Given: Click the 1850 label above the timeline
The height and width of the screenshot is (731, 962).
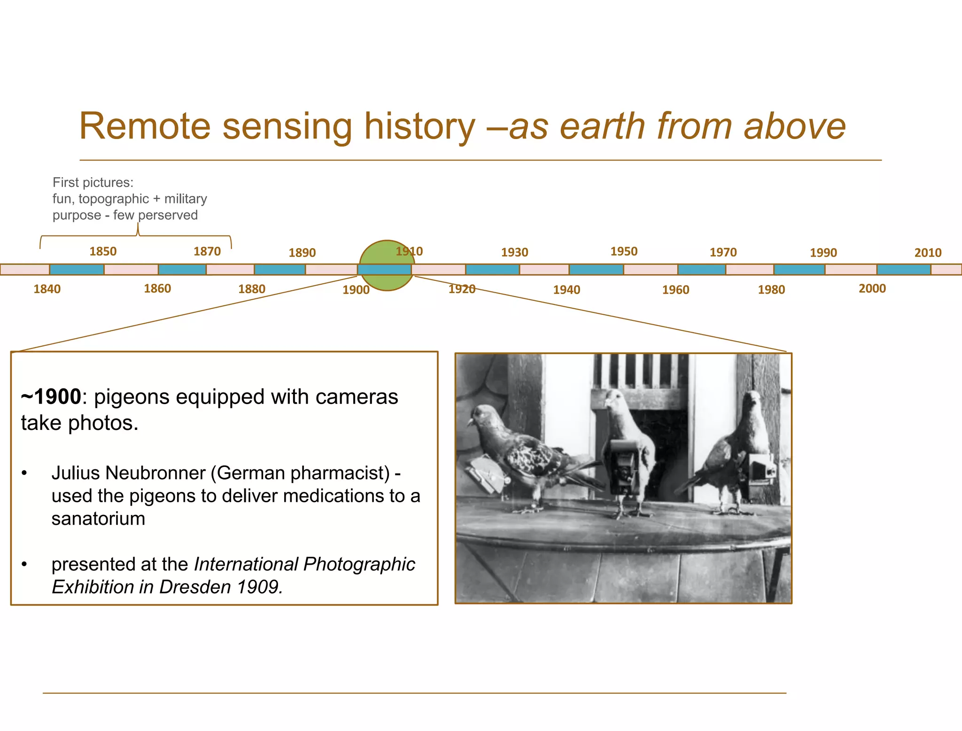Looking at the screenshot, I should point(103,251).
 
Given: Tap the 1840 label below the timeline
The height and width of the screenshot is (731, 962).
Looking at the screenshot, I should point(47,289).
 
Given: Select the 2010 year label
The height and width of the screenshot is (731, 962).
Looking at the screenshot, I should point(928,253).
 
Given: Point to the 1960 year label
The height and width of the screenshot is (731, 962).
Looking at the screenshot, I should point(675,290).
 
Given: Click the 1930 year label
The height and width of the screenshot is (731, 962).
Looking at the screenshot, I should point(514,252).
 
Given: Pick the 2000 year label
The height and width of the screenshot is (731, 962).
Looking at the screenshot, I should point(872,288).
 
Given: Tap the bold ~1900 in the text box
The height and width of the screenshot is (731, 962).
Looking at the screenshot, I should point(51,397).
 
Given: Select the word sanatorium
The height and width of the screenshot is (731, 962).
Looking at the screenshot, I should point(98,519).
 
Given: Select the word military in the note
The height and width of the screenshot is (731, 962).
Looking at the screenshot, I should point(186,199).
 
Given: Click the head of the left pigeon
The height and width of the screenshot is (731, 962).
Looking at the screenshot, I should point(481,416).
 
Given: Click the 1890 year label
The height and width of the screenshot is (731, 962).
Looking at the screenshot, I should point(302,253).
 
